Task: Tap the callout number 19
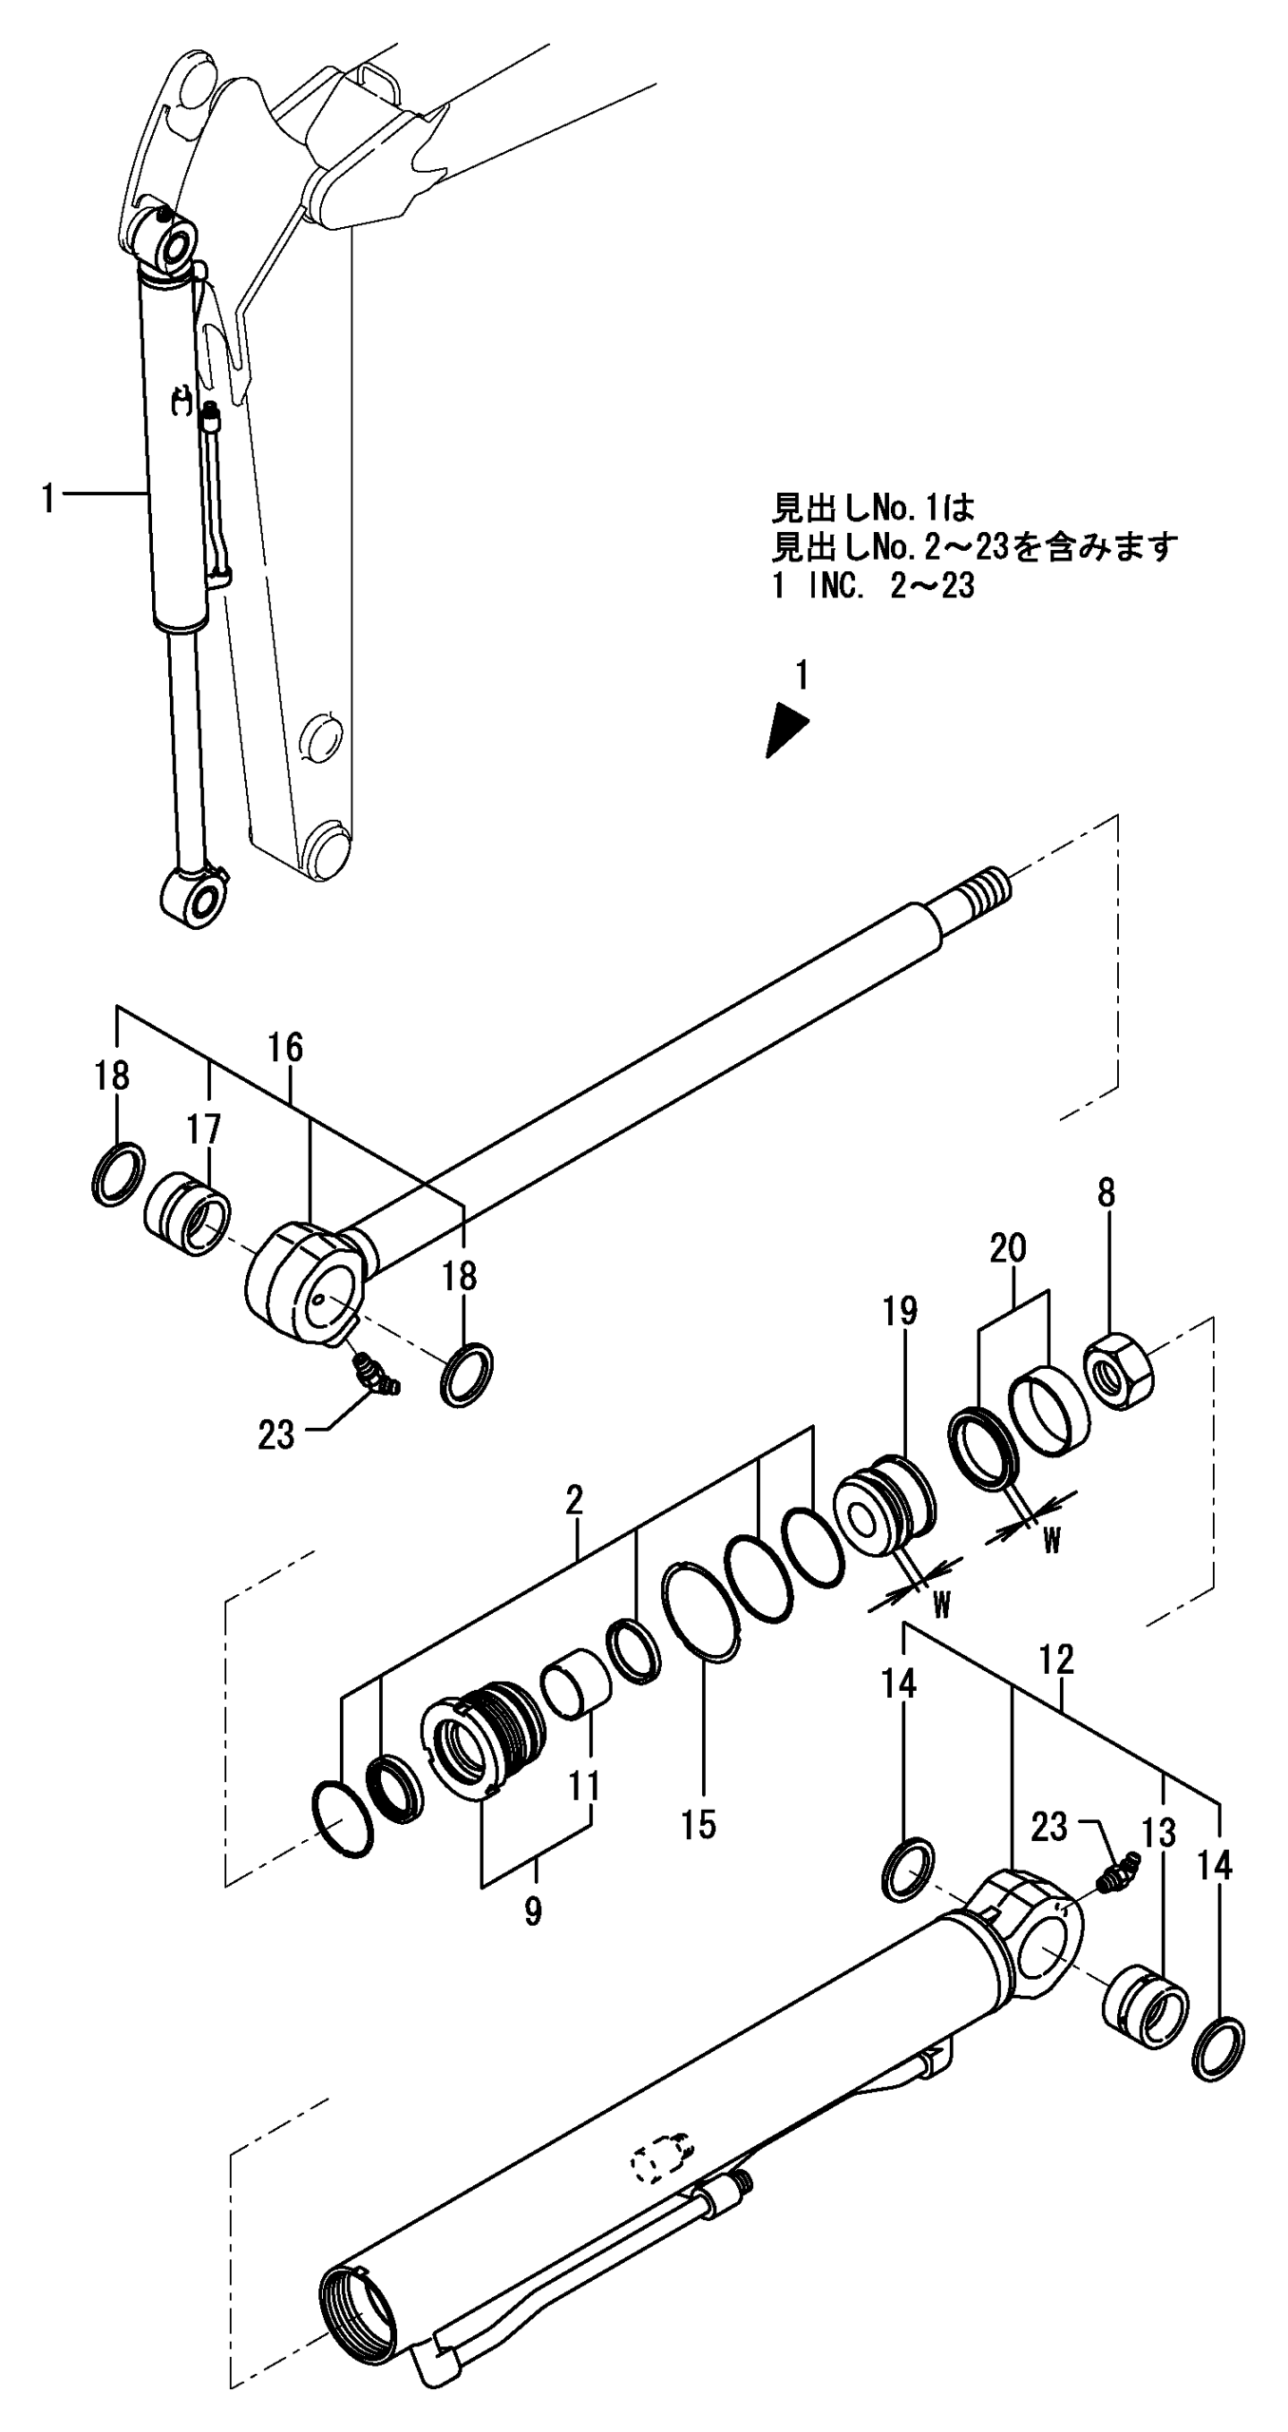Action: coord(900,1311)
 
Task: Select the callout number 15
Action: coord(699,1824)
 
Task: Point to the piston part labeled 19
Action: coord(882,1510)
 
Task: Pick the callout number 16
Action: coord(285,1048)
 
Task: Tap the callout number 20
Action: coord(1008,1248)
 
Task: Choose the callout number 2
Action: coord(574,1500)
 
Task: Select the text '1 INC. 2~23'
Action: coord(873,586)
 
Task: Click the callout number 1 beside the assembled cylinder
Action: coord(48,499)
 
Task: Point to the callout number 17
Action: coord(203,1130)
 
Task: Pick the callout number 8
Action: coord(1106,1194)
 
